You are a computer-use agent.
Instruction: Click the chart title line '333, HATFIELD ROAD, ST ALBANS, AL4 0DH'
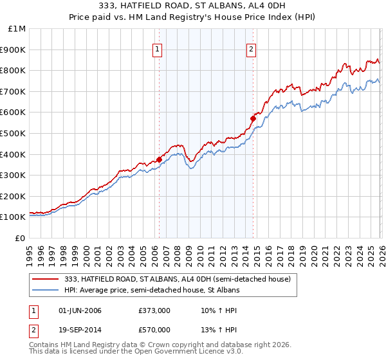coord(193,6)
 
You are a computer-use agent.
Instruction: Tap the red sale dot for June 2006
coord(159,159)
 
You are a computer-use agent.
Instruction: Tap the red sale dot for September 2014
coord(253,118)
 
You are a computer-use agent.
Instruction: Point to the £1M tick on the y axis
coord(17,29)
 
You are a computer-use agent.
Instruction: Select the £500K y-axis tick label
coord(14,134)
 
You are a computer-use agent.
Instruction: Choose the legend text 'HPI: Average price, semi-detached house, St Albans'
coord(152,290)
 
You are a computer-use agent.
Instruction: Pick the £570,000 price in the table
coord(154,329)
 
